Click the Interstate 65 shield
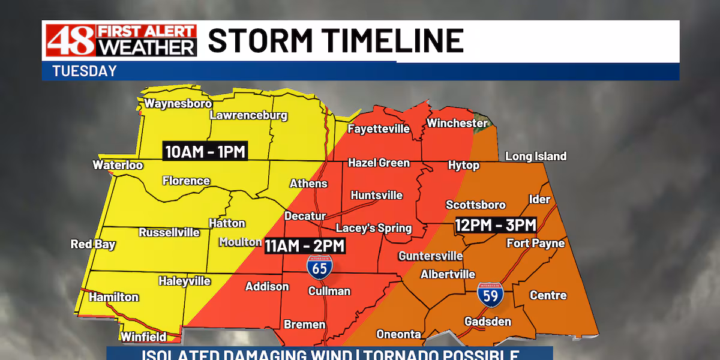click(x=319, y=266)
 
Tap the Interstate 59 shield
click(x=490, y=293)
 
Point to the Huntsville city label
click(x=377, y=195)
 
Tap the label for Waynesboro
click(x=178, y=103)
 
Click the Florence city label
click(x=186, y=181)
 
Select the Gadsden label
click(x=488, y=322)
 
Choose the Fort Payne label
click(x=536, y=243)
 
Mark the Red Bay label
click(x=93, y=244)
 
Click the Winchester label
click(x=457, y=123)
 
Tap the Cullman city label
click(x=329, y=291)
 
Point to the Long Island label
click(x=536, y=156)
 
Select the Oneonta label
click(x=398, y=334)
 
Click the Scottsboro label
click(x=476, y=205)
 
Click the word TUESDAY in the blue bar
click(x=85, y=71)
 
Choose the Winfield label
click(x=143, y=337)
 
